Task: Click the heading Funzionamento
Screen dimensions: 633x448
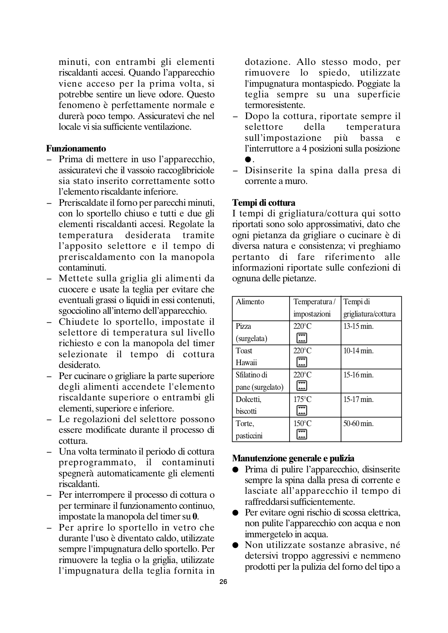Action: pyautogui.click(x=76, y=149)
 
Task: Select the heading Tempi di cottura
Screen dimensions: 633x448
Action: pyautogui.click(x=263, y=203)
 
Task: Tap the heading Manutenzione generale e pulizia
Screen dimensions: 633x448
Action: pyautogui.click(x=293, y=459)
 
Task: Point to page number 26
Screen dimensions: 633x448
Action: pyautogui.click(x=223, y=582)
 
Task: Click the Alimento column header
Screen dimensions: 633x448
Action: pyautogui.click(x=250, y=302)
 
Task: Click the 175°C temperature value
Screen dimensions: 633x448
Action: pyautogui.click(x=302, y=400)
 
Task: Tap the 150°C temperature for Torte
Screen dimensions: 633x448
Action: pyautogui.click(x=302, y=424)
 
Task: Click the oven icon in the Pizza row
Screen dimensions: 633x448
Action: pyautogui.click(x=302, y=338)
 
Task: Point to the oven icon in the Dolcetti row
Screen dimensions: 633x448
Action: pyautogui.click(x=302, y=411)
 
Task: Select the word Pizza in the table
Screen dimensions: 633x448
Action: pyautogui.click(x=243, y=326)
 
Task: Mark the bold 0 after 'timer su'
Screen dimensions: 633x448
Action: pyautogui.click(x=194, y=517)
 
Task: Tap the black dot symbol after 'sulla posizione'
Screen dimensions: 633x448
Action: pyautogui.click(x=248, y=159)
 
